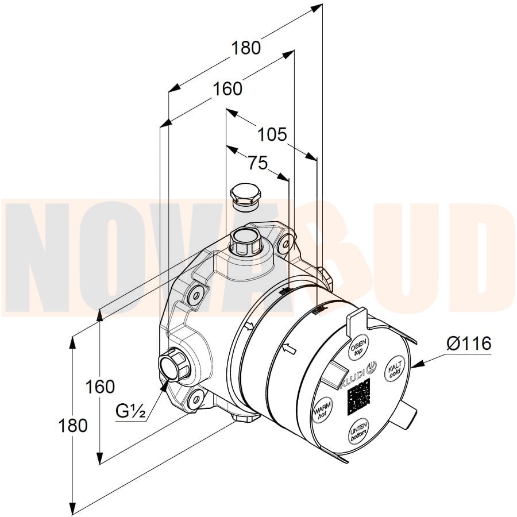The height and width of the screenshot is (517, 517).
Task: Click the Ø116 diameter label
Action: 469,344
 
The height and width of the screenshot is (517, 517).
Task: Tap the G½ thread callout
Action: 130,411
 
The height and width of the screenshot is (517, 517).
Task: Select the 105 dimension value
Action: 272,134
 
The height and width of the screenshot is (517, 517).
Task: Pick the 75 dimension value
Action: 258,163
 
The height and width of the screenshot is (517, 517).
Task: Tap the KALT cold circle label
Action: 395,369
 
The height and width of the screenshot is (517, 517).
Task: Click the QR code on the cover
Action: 358,397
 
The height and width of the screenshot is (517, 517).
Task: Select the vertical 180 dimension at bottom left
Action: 73,425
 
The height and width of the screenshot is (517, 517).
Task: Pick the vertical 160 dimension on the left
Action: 100,387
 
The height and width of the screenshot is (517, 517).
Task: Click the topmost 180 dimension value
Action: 246,48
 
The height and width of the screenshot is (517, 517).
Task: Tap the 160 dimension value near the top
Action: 227,89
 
